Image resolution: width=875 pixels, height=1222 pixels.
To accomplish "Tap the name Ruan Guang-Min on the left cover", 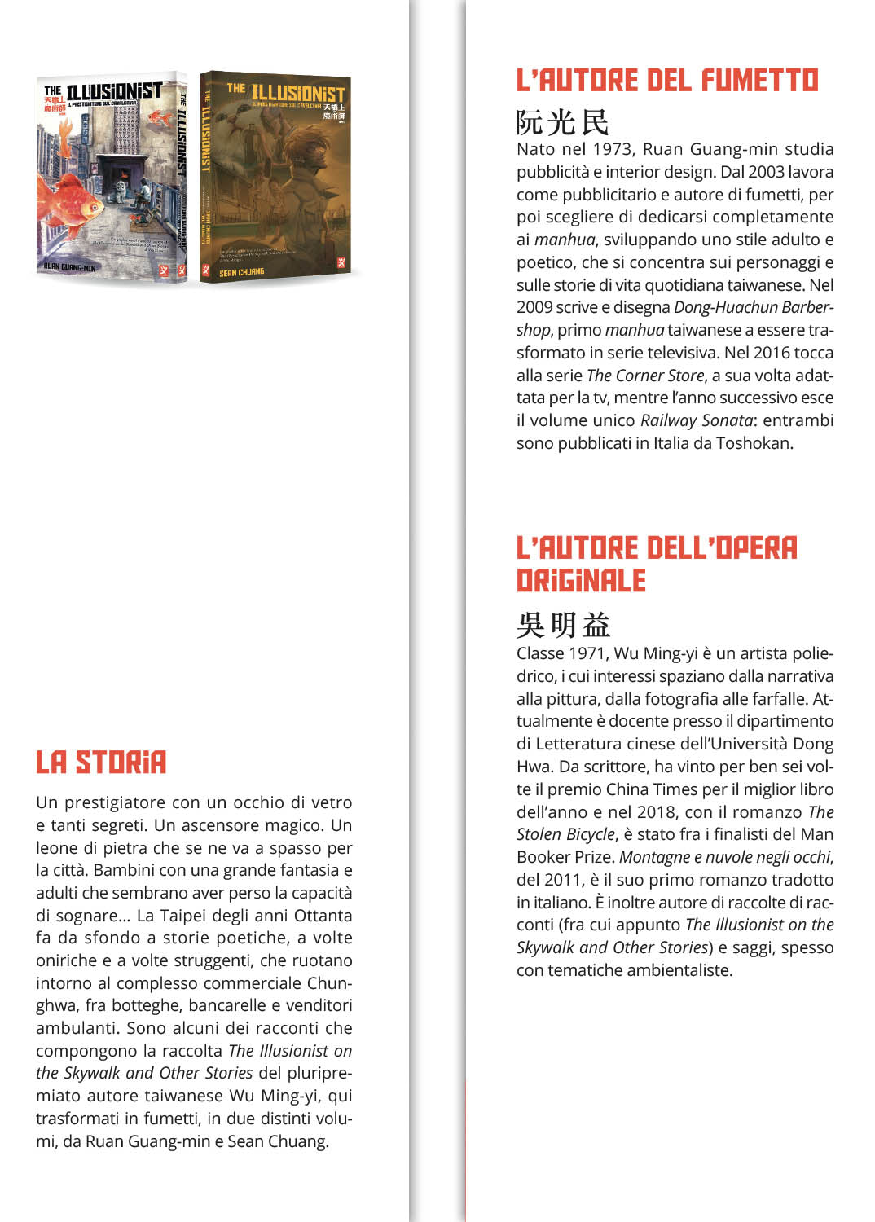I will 70,267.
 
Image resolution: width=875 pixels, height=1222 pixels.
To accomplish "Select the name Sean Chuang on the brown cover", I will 242,273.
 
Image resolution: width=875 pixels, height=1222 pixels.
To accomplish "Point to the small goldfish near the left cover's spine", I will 160,119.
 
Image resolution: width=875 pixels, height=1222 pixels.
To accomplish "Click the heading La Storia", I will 101,763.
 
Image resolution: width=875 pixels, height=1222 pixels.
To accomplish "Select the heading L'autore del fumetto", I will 667,81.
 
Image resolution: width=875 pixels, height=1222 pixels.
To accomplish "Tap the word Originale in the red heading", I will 581,581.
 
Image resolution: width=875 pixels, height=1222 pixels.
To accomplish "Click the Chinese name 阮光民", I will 562,122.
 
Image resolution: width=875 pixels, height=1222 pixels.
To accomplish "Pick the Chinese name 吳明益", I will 563,625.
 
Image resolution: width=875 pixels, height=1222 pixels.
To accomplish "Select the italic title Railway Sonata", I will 697,420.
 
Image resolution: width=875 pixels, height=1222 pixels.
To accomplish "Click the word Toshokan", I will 754,443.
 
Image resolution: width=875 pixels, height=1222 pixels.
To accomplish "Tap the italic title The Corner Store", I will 645,376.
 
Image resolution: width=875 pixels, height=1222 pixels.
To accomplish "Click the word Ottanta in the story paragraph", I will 324,916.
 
